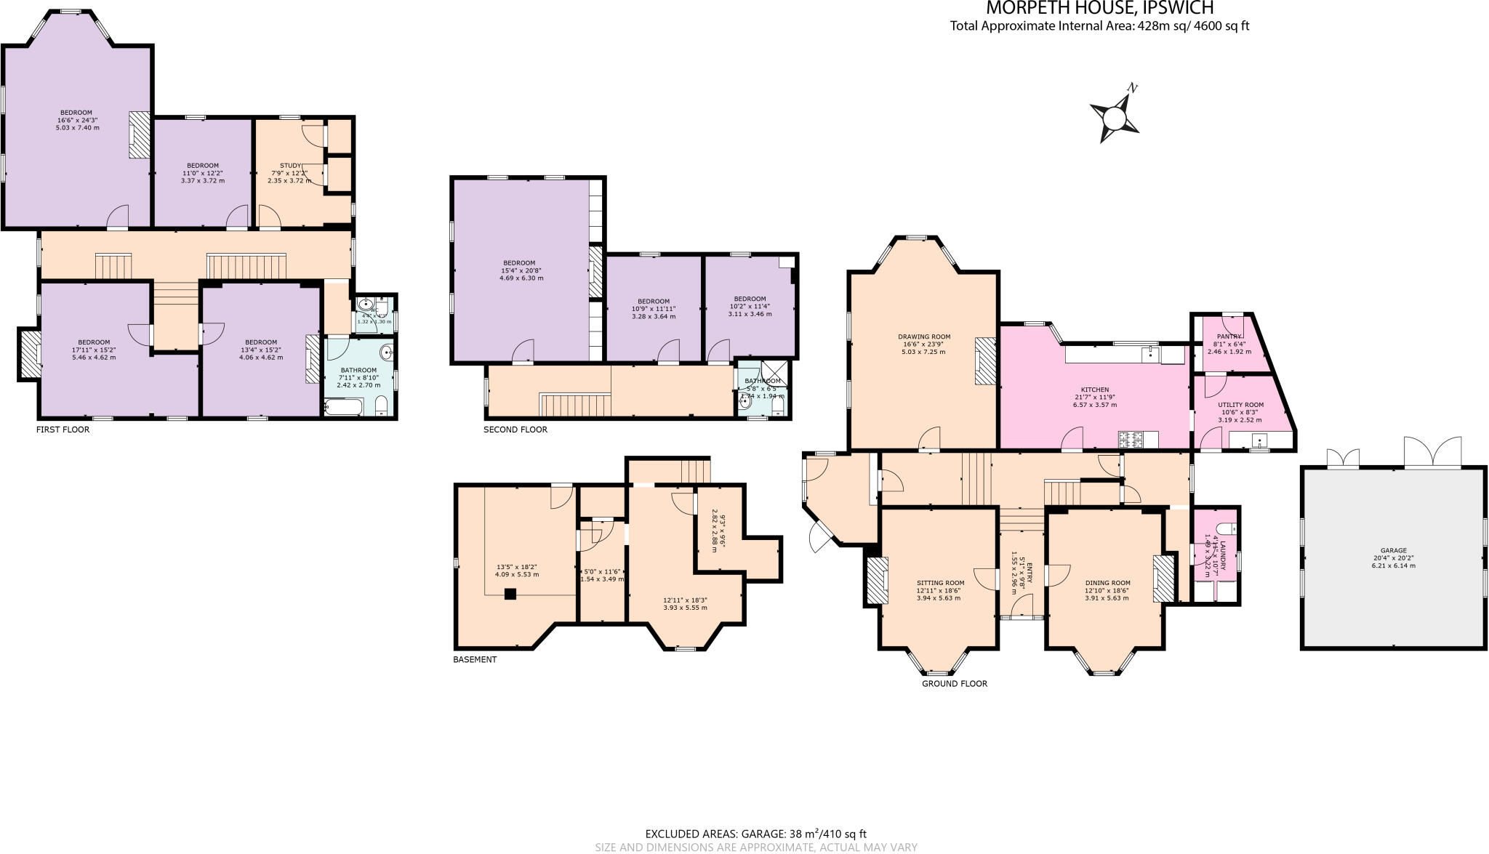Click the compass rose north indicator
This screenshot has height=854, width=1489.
tap(1115, 117)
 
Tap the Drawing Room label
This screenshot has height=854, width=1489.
tap(924, 337)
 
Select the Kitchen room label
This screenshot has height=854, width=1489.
tap(1094, 390)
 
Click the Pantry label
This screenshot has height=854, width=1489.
tap(1229, 337)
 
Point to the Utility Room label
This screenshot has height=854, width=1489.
tap(1240, 405)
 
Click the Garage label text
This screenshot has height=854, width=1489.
tap(1393, 550)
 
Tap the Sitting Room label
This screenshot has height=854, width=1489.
tap(940, 583)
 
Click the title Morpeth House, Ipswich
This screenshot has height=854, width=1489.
tap(1099, 9)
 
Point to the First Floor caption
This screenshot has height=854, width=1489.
tap(63, 430)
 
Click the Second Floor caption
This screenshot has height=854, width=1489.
tap(515, 430)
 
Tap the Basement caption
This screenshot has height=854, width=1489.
tap(475, 659)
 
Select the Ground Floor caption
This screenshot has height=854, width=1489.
tap(954, 683)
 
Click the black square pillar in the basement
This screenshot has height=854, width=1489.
tap(510, 594)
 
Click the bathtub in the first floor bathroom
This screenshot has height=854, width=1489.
tap(342, 408)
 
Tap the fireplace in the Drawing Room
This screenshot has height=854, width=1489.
tap(984, 360)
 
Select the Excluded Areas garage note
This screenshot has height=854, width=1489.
tap(755, 834)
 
